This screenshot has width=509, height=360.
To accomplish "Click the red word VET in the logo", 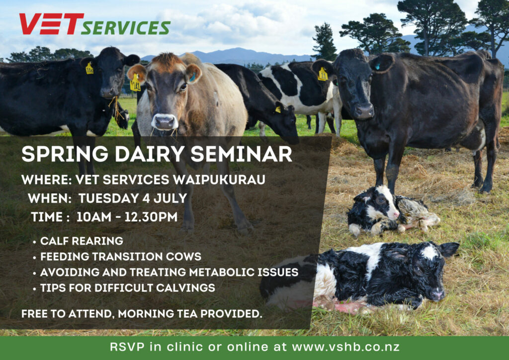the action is (51, 24).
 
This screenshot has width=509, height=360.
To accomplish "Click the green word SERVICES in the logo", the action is (126, 28).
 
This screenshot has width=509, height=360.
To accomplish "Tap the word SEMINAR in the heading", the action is (241, 154).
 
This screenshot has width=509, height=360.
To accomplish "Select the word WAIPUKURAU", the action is (219, 180).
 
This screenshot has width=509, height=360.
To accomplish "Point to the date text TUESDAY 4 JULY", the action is (133, 198).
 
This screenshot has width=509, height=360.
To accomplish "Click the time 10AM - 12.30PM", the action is (127, 217).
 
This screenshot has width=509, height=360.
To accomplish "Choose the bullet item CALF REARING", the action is (82, 241).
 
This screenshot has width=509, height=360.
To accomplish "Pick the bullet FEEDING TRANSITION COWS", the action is (121, 257).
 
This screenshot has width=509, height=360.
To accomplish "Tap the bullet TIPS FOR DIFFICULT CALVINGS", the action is (128, 287).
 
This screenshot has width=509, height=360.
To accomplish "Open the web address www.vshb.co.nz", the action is (346, 347).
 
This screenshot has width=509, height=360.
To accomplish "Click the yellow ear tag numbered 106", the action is (89, 69).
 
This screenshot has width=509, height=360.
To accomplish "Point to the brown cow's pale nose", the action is (165, 122).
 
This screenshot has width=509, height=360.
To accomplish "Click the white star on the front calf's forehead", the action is (429, 252).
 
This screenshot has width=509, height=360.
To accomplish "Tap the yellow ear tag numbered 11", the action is (323, 75).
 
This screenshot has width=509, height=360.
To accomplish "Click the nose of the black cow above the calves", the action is (363, 111).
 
